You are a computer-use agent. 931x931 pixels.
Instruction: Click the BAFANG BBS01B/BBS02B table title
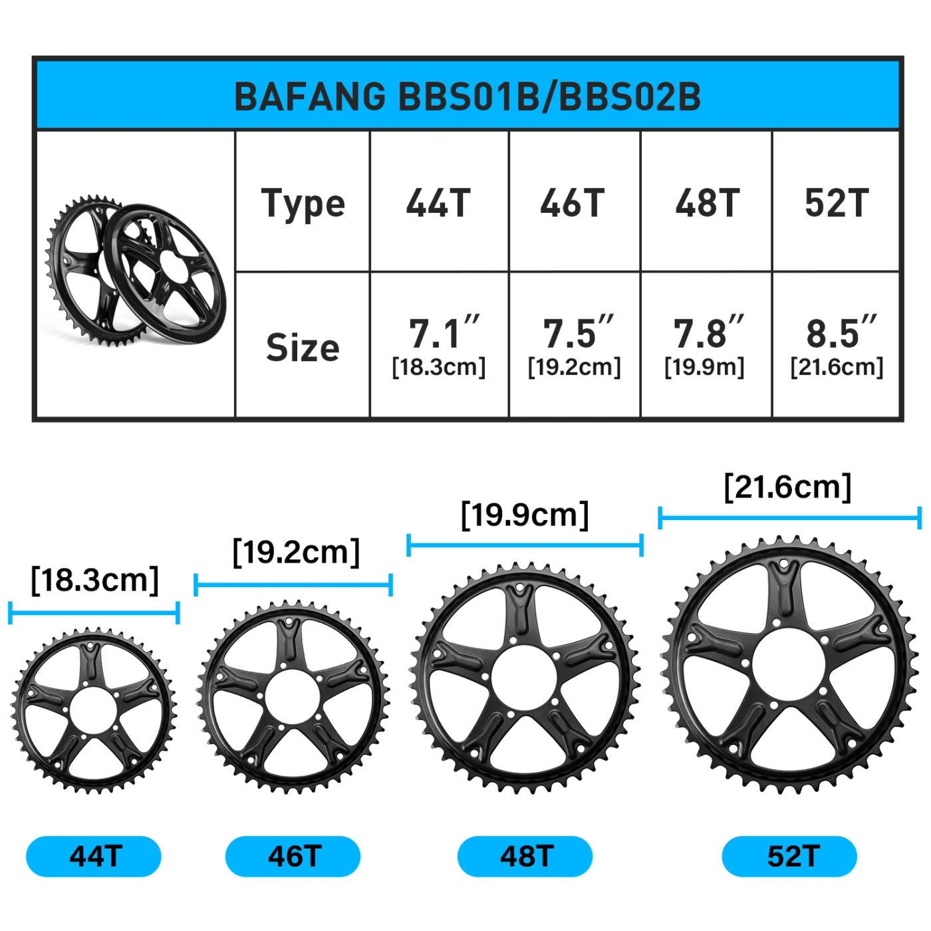point(467,96)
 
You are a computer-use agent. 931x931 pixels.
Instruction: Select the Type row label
point(303,203)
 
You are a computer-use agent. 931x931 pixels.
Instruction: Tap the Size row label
point(303,347)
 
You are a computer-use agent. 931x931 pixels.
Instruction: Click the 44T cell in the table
point(438,203)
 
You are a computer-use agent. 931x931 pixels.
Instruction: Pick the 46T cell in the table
point(573,203)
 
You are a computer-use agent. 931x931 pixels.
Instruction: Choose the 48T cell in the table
point(707,203)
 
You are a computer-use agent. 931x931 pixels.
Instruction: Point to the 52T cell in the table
point(837,203)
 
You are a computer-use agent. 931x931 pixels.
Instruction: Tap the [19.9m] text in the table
point(704,367)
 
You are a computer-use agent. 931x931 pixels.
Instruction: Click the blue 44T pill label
point(94,856)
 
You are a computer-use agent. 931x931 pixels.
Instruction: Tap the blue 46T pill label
point(293,856)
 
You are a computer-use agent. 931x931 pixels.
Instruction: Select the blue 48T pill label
point(525,856)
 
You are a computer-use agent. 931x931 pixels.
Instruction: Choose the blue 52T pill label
point(789,856)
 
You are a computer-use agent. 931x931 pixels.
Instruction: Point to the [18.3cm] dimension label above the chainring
point(94,580)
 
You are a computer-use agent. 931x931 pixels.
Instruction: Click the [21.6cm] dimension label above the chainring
point(787,487)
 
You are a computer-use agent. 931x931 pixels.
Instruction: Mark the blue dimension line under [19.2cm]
point(293,585)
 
